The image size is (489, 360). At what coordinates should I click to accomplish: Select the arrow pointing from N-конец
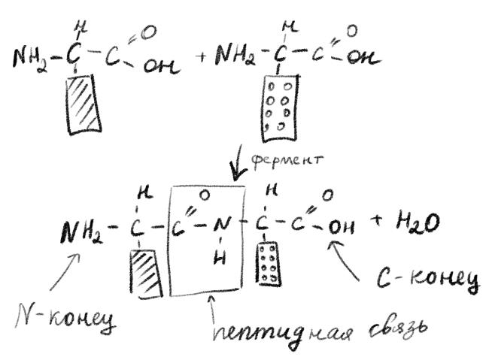pyautogui.click(x=63, y=274)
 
